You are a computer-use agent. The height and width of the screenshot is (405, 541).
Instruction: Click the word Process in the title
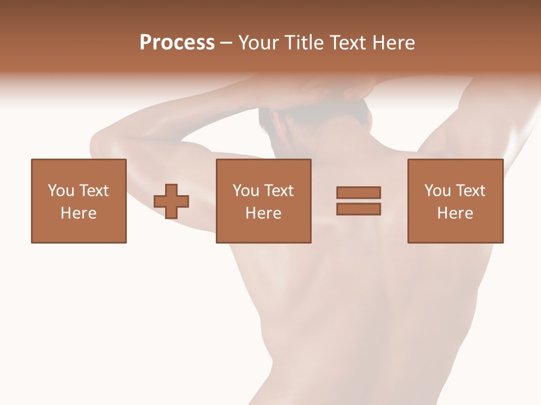tap(177, 43)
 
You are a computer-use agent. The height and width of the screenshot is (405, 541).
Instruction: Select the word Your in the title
tap(258, 43)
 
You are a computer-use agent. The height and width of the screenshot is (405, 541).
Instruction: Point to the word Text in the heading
tap(346, 43)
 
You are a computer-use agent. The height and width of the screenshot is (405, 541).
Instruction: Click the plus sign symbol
tap(171, 201)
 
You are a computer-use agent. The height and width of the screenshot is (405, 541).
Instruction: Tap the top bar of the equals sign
tap(358, 192)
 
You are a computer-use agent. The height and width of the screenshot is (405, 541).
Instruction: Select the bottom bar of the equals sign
tap(358, 209)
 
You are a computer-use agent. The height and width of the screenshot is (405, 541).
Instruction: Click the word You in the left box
tap(61, 191)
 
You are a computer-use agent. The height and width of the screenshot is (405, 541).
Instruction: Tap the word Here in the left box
tap(79, 213)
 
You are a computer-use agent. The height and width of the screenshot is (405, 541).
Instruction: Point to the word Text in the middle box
tap(280, 191)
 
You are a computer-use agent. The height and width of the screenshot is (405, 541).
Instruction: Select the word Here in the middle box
tap(264, 213)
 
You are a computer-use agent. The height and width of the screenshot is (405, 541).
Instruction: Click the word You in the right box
tap(437, 191)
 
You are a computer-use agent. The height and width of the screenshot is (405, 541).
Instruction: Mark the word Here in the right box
tap(455, 213)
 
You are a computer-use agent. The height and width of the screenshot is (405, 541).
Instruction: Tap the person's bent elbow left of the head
tap(101, 146)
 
